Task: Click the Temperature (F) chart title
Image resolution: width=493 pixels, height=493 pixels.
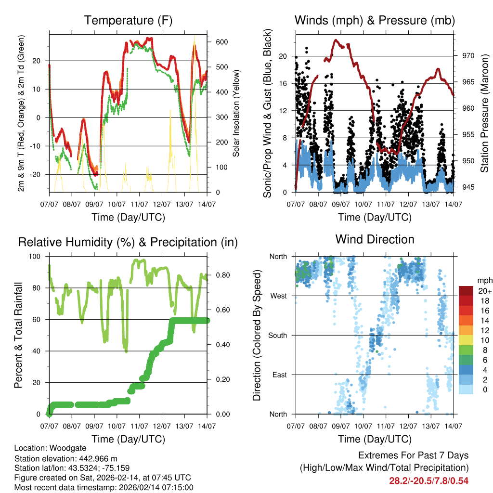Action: pos(128,20)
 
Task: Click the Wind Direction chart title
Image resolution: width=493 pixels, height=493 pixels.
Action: pos(375,239)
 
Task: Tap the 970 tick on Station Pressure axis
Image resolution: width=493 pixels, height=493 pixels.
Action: pos(468,56)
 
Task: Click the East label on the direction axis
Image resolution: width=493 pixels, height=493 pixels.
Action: pos(278,375)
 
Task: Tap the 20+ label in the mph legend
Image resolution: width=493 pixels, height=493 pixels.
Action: pos(483,291)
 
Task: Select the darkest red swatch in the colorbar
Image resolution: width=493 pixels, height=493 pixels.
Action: pos(466,291)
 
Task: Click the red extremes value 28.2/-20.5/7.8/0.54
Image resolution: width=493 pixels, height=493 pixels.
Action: pos(428,480)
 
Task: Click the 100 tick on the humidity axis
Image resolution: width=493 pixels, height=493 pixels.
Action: pos(35,257)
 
